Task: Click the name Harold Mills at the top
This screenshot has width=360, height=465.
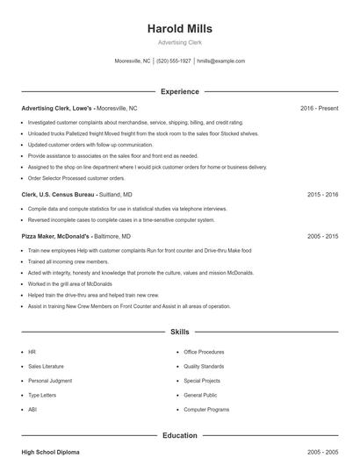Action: (x=179, y=28)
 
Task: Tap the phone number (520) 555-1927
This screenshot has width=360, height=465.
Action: (x=175, y=61)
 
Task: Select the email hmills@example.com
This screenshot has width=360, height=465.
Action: (x=220, y=61)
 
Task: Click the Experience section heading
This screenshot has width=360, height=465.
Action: (x=179, y=91)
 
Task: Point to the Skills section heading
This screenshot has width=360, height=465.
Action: (x=179, y=333)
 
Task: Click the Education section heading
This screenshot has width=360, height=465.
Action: (x=179, y=435)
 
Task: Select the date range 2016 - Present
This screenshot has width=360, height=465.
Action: (x=319, y=108)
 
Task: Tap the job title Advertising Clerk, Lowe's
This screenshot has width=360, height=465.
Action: (x=57, y=108)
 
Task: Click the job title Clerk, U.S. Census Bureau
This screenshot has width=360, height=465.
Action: (x=57, y=194)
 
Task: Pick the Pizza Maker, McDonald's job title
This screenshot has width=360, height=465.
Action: (x=55, y=236)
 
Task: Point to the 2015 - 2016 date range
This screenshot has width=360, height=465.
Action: (x=322, y=194)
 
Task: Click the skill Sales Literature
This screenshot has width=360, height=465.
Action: (x=46, y=367)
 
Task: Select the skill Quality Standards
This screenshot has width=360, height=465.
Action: (x=204, y=367)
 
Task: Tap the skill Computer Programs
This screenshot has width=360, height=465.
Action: (x=206, y=410)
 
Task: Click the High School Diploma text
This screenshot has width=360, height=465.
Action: (x=50, y=452)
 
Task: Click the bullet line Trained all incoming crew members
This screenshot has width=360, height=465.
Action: (x=68, y=261)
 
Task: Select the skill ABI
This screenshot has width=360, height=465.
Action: (x=32, y=410)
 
